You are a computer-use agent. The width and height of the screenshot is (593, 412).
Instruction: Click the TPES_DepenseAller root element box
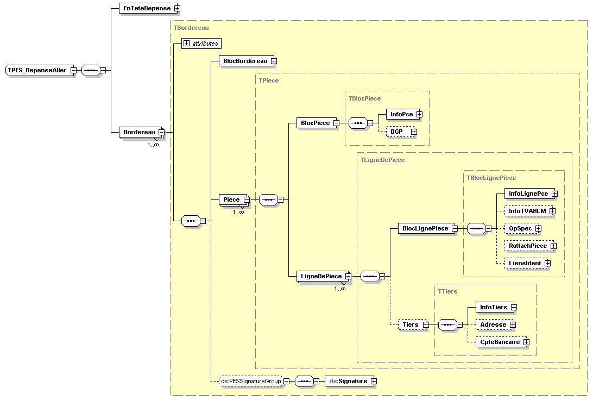(37, 70)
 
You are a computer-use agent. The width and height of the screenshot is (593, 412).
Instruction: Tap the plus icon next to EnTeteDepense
(177, 8)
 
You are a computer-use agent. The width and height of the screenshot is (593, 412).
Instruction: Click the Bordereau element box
(139, 132)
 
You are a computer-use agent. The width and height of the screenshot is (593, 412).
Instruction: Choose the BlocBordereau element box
(245, 61)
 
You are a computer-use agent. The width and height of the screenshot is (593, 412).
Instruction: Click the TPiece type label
(269, 80)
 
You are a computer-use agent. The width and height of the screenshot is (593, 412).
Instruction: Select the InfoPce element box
(401, 114)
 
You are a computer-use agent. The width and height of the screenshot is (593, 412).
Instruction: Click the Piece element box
(231, 199)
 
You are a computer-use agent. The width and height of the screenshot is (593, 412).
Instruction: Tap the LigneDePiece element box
(321, 276)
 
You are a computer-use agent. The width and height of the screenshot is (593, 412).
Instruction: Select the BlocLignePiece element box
(425, 229)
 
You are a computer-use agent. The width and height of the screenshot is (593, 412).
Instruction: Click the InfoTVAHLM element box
(527, 211)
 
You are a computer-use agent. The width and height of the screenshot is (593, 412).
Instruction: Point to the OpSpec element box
(520, 228)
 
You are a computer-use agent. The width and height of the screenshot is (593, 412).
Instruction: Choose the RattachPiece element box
(527, 246)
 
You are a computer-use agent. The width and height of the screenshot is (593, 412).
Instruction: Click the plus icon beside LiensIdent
(547, 263)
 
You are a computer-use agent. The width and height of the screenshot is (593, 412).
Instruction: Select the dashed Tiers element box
(410, 324)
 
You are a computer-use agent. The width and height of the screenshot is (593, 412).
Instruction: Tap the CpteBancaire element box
(499, 342)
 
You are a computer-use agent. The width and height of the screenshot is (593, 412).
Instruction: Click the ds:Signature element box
(348, 381)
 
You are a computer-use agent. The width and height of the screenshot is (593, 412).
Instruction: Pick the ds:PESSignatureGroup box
(250, 381)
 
